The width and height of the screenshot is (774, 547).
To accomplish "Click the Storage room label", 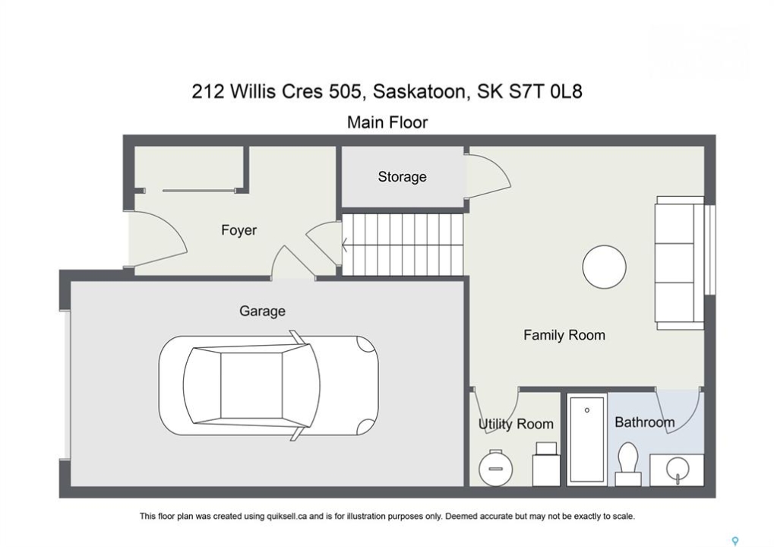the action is pyautogui.click(x=402, y=177).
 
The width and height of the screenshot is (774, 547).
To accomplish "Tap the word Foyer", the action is pyautogui.click(x=239, y=230).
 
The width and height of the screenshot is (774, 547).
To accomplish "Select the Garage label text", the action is pyautogui.click(x=262, y=311).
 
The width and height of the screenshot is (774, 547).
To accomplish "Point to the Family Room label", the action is pyautogui.click(x=564, y=335).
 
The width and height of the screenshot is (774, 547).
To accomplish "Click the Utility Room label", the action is pyautogui.click(x=516, y=424).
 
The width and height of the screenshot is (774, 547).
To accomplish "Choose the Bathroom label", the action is pyautogui.click(x=645, y=422).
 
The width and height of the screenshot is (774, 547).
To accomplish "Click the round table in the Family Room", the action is pyautogui.click(x=604, y=267).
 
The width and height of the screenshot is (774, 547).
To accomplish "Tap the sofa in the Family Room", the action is pyautogui.click(x=679, y=263).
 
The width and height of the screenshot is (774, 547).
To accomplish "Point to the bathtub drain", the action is pyautogui.click(x=587, y=410).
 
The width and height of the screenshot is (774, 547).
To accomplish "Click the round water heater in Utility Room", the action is pyautogui.click(x=495, y=468).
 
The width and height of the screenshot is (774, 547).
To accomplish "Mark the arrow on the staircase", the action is pyautogui.click(x=345, y=245).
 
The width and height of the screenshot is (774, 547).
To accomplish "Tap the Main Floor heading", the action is pyautogui.click(x=387, y=122).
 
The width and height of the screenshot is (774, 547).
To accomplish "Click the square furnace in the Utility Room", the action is pyautogui.click(x=546, y=464).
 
